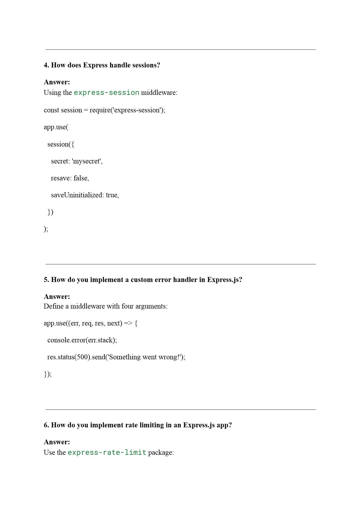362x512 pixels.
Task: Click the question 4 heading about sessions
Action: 102,65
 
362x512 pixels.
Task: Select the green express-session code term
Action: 106,93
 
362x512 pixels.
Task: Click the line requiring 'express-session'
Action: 104,110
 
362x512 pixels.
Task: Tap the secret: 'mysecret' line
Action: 77,161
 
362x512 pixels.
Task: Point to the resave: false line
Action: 70,178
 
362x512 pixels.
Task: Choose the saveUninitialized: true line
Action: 85,195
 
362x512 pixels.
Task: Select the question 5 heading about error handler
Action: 143,280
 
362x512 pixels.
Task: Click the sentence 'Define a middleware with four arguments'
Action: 106,306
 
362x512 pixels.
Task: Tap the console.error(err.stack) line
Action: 82,340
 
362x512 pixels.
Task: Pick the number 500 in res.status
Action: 83,357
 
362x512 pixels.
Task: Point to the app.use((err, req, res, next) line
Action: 90,323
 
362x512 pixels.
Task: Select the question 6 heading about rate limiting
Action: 138,425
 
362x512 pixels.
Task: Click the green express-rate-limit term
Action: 107,452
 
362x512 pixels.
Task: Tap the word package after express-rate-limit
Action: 161,452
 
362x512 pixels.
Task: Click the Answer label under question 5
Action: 57,297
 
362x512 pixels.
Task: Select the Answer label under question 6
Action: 57,442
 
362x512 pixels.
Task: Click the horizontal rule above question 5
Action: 181,264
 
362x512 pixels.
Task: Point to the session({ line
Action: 61,144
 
